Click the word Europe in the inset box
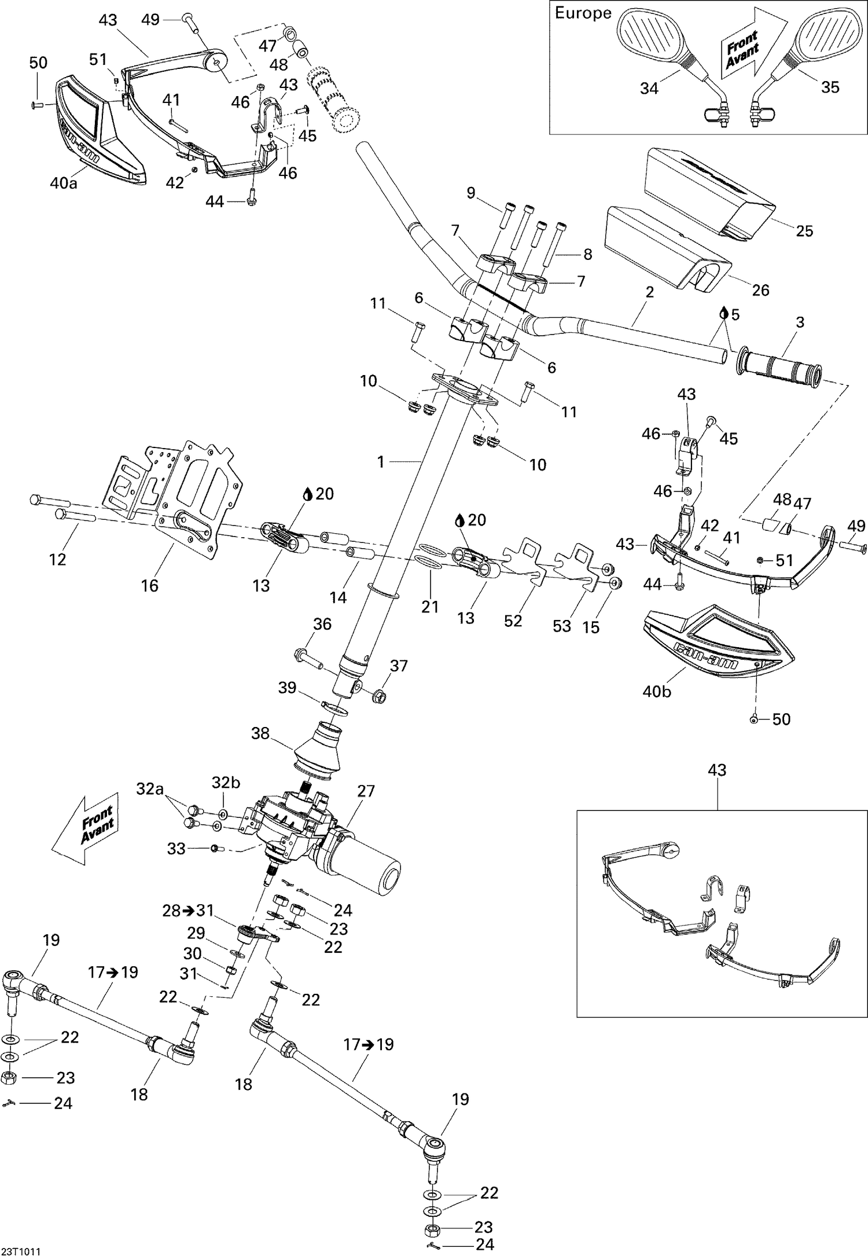click(583, 13)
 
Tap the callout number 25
click(804, 231)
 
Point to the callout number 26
click(760, 289)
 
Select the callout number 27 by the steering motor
click(366, 791)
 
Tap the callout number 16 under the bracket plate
click(149, 586)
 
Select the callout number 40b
click(657, 691)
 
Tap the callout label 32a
click(150, 788)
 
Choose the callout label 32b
click(226, 783)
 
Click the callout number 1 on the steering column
click(380, 461)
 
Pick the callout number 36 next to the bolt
click(322, 623)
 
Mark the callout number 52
click(513, 621)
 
